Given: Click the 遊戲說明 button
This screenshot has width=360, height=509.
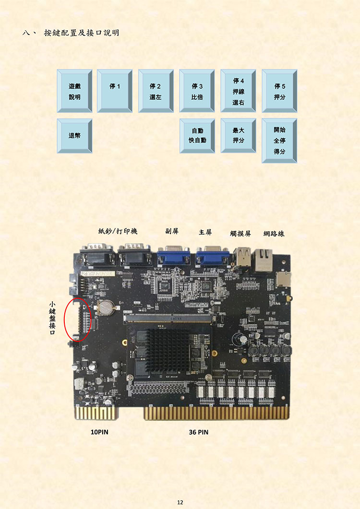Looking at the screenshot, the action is point(74,91).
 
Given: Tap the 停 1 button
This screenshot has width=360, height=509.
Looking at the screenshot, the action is point(114,91).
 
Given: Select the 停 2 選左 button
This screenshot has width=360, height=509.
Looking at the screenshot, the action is point(156,91).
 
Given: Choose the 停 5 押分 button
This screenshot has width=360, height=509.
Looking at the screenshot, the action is point(279,91).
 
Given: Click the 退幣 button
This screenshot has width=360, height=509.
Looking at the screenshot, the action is point(74,136).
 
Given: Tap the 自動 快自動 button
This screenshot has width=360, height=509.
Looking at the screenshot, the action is point(197,136).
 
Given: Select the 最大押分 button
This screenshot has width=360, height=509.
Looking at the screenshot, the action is point(238,136).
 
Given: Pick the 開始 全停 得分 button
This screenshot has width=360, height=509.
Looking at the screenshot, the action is point(279,141).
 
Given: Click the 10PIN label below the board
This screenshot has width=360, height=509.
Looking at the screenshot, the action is point(99,432).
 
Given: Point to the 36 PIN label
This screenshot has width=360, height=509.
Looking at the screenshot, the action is point(199,432).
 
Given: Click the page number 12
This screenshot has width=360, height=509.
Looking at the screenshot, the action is point(180,502).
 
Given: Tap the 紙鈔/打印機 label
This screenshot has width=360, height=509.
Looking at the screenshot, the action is point(118,231).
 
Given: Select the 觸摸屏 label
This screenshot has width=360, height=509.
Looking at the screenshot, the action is point(240,234).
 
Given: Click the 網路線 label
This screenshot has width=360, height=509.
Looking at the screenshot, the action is point(274,234).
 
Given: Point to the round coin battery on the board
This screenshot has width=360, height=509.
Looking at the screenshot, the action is point(106,307).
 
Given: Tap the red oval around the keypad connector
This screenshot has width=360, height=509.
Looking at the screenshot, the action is point(65,320).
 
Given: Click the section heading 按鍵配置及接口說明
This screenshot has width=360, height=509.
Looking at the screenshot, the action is point(81,33).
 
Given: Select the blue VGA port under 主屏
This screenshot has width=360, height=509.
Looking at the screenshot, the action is point(213,255).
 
